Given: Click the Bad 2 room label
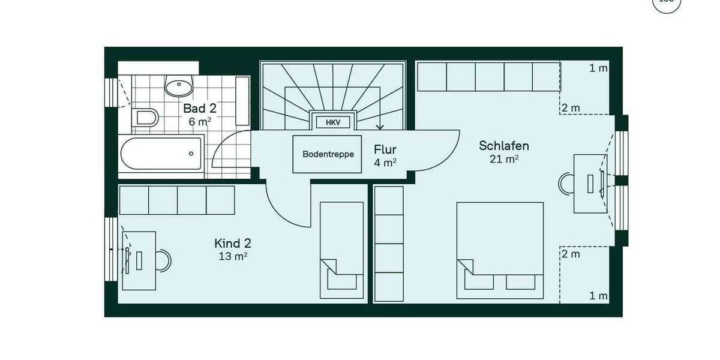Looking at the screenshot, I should (200, 109).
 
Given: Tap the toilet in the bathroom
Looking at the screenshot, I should (146, 116).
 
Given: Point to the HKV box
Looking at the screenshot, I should (333, 122).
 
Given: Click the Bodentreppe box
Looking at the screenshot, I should (328, 154).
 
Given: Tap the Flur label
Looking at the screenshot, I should (385, 149).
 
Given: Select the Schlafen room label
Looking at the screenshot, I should (503, 146).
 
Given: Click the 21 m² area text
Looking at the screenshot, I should (504, 159).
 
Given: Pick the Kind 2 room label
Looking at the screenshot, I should (233, 243).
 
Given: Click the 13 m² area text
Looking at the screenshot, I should (233, 256).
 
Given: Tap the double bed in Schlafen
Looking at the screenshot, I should (500, 250).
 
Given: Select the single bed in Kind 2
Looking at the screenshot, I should (341, 250).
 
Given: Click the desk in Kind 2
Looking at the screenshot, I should (139, 260).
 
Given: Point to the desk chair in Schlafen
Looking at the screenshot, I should (566, 184).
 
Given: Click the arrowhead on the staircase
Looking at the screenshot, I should (379, 127).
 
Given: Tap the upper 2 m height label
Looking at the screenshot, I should (571, 108).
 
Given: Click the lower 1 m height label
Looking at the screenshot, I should (598, 296).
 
